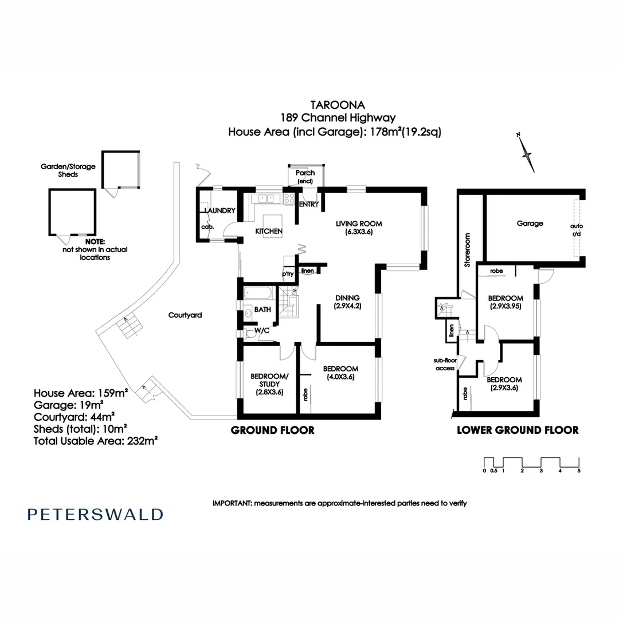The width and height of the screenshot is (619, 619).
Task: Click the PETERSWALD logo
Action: pos(95,514)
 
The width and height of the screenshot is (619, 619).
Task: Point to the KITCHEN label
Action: pos(269,232)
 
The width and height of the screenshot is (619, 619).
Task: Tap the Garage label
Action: pos(530,224)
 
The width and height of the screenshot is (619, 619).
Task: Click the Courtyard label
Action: pos(185,315)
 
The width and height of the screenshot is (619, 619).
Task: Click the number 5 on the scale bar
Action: pos(579,471)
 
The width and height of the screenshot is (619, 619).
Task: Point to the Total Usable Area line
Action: pos(96,441)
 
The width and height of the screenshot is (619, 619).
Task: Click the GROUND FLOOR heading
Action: pos(272,430)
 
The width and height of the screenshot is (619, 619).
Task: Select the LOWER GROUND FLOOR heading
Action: pos(517,430)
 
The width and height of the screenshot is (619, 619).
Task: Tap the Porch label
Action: pos(305,173)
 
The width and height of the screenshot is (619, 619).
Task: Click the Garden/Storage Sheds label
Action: pos(68,170)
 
